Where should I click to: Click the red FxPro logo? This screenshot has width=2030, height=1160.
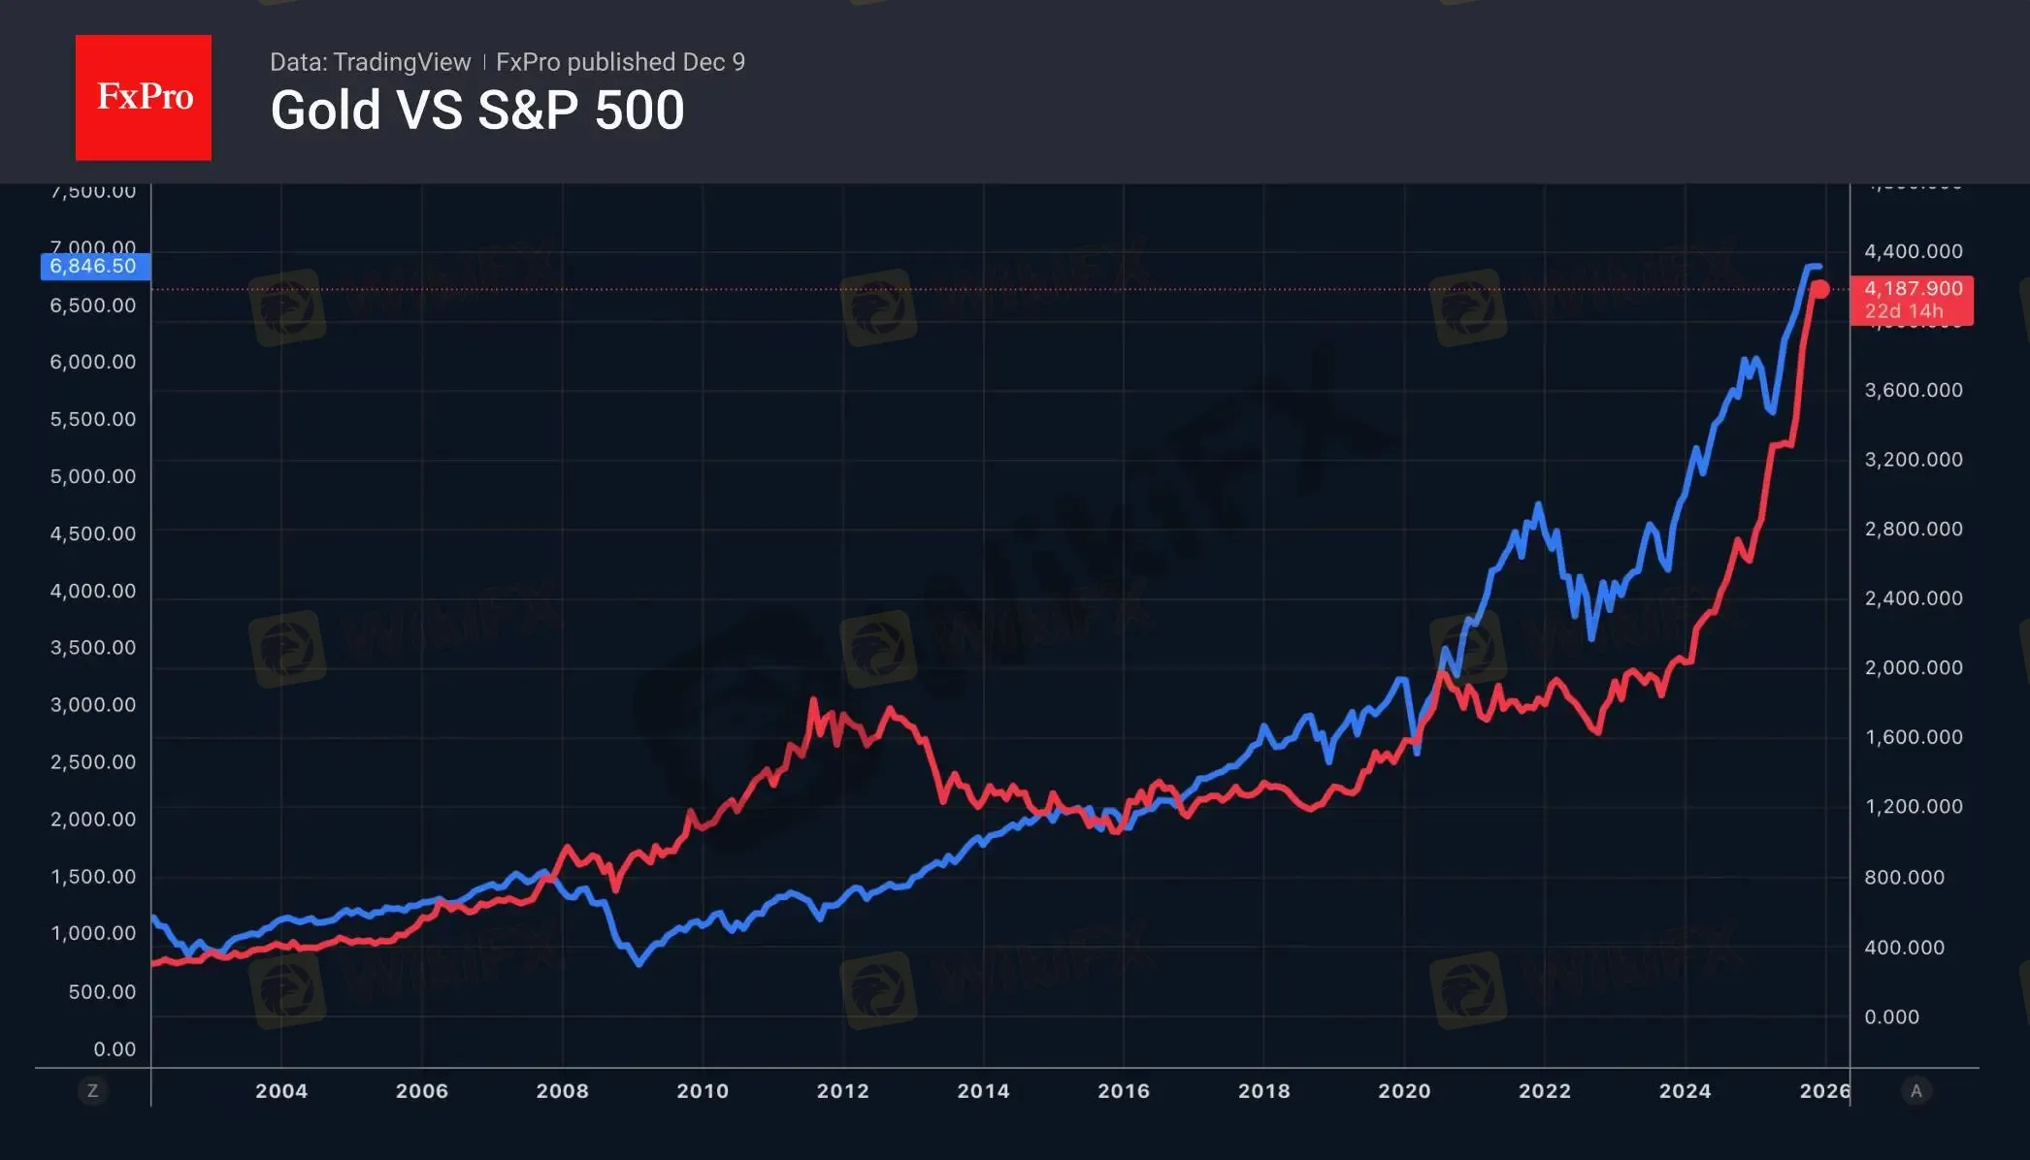coord(144,97)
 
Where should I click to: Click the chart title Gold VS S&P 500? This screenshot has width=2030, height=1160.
coord(477,111)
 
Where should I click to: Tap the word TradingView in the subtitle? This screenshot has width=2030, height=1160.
coord(401,62)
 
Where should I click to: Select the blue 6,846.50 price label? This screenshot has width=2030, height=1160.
coord(94,266)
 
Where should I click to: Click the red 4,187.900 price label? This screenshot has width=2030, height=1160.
coord(1912,289)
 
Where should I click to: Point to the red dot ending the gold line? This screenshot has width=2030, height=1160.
coord(1819,289)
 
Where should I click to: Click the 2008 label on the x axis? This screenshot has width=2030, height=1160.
coord(563,1091)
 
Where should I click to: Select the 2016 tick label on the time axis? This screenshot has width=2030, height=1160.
coord(1124,1091)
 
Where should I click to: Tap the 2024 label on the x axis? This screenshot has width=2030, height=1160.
coord(1685,1091)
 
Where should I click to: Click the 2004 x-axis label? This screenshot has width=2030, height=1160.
coord(281,1091)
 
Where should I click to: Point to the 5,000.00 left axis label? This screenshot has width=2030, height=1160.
coord(93,476)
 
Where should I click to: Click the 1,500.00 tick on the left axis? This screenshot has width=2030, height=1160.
coord(93,877)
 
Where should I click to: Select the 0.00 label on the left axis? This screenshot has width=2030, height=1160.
coord(115,1049)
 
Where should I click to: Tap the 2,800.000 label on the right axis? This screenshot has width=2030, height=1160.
coord(1914,529)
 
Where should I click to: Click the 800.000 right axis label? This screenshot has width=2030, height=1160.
coord(1904,878)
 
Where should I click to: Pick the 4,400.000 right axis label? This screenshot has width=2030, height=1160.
coord(1914,251)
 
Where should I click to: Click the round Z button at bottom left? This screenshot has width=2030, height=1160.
coord(93,1091)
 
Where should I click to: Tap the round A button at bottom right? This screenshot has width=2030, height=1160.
coord(1915,1091)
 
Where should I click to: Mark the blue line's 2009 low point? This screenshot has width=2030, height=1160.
coord(638,964)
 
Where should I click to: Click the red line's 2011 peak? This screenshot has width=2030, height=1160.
coord(813,699)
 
